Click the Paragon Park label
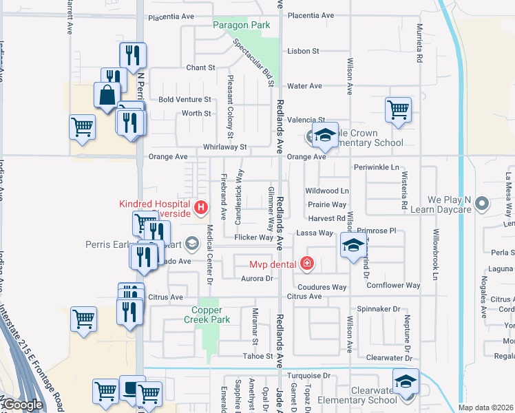click(x=241, y=25)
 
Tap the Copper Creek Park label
click(x=211, y=315)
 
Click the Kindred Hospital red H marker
click(x=201, y=206)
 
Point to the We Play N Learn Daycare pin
click(x=482, y=203)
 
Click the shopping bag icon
click(x=109, y=96)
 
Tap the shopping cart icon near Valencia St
click(x=399, y=109)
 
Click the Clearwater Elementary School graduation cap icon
click(x=406, y=382)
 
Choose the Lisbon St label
click(x=304, y=51)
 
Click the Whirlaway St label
click(x=224, y=147)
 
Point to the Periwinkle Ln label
click(x=377, y=167)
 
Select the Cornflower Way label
click(x=393, y=285)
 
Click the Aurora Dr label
click(x=257, y=279)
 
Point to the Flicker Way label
click(x=254, y=237)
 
